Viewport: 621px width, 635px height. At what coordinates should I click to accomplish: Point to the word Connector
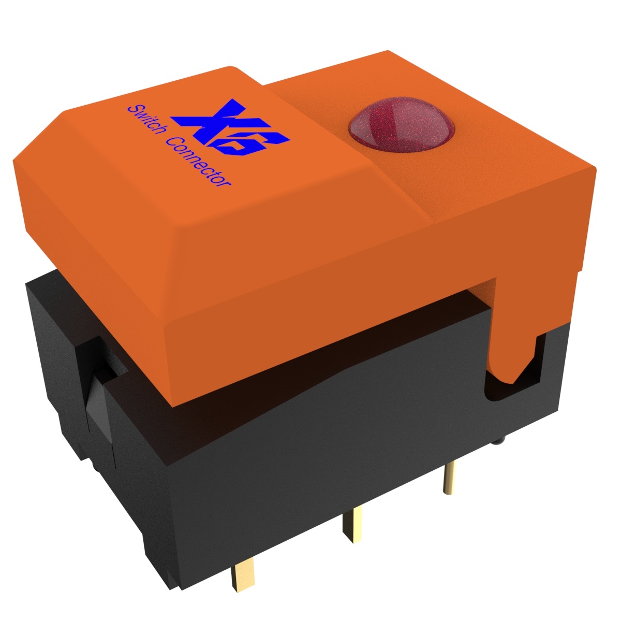click(198, 162)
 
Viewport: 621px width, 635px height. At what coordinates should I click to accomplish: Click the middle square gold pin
click(352, 525)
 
